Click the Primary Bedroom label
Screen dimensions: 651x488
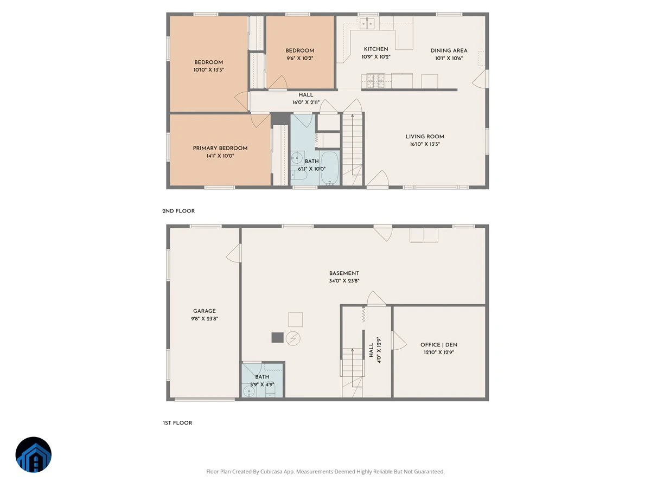tap(220, 148)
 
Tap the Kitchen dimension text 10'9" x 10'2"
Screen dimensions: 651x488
tap(376, 57)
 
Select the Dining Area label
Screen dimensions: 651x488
tap(449, 50)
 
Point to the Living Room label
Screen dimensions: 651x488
tap(425, 137)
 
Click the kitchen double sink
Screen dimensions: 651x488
tap(367, 23)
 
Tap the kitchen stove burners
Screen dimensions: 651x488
tap(376, 81)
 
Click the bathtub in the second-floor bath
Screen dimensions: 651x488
tap(329, 168)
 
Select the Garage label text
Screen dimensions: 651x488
tap(205, 311)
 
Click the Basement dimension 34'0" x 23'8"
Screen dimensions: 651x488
tap(344, 281)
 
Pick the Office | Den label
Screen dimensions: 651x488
tap(439, 345)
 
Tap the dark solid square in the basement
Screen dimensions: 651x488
tap(277, 337)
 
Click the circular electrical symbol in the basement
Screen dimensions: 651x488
tap(293, 338)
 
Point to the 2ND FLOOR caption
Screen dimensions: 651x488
tap(178, 211)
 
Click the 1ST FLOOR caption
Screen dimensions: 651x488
tap(177, 423)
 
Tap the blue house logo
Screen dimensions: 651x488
tap(34, 454)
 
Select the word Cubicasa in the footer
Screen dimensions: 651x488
tap(271, 471)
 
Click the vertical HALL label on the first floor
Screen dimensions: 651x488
tap(371, 350)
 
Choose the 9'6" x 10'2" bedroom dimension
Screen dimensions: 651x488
tap(299, 59)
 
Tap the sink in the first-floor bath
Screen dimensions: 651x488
tap(248, 391)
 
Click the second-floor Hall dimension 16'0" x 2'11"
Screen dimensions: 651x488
tap(306, 102)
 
